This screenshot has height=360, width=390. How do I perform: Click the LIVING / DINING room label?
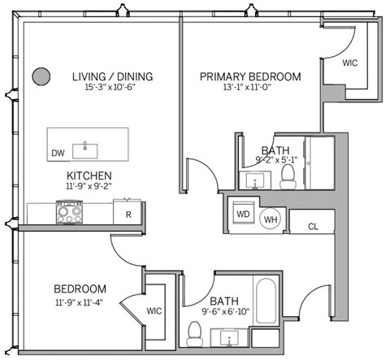coord(111,77)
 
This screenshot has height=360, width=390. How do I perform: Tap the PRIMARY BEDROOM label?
coord(251,77)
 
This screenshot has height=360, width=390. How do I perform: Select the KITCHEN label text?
coord(89,176)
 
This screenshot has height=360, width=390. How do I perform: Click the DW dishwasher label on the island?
coord(58,152)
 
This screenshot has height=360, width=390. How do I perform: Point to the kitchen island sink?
coord(85,149)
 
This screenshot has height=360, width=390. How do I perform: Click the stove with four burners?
coord(68,213)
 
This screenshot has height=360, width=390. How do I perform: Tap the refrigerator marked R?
coord(128,214)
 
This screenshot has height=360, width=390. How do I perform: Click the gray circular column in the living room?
coord(39,77)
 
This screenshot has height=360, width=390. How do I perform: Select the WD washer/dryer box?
coord(243,215)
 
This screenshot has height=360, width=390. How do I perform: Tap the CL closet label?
coord(313,227)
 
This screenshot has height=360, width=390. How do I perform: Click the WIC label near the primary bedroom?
coord(350,63)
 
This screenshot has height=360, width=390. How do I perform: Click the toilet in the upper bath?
coord(288,180)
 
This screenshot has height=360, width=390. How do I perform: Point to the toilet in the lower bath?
coord(194,332)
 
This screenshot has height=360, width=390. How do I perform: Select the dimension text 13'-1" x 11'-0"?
coord(250,90)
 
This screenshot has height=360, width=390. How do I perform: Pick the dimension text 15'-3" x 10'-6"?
coord(111,90)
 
